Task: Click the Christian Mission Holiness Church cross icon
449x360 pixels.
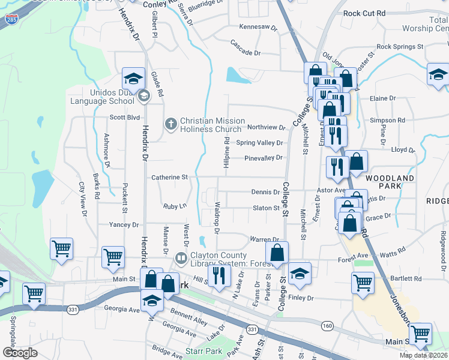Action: pyautogui.click(x=170, y=124)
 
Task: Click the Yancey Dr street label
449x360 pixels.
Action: pyautogui.click(x=124, y=224)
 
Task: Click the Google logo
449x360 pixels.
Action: pyautogui.click(x=20, y=352)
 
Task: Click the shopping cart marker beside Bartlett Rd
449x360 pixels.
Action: pyautogui.click(x=363, y=283)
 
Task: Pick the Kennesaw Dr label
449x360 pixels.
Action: pyautogui.click(x=258, y=27)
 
